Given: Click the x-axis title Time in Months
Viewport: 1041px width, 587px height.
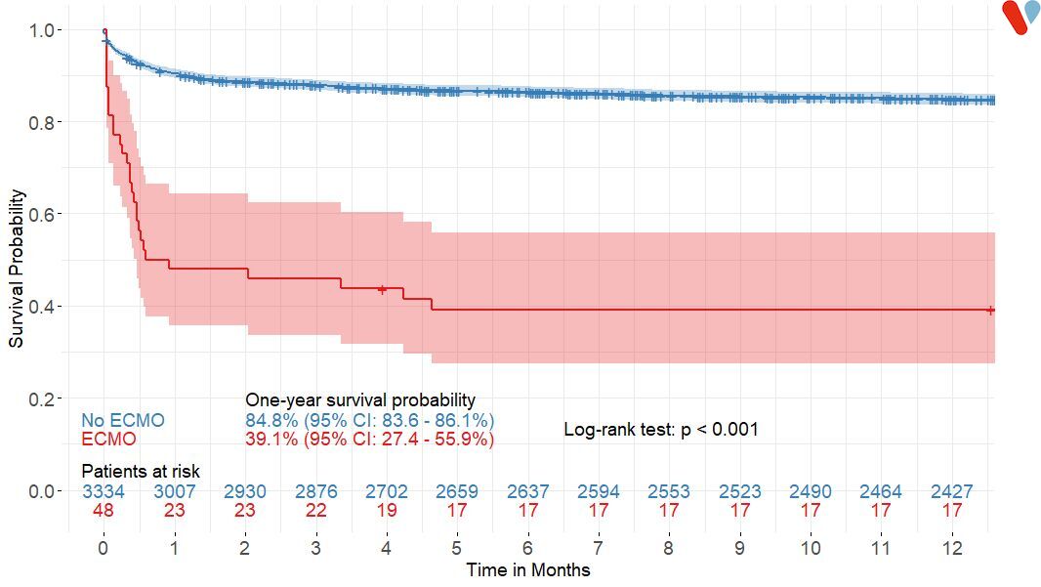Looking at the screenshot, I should pyautogui.click(x=527, y=569).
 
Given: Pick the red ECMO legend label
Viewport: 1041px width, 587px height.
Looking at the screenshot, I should pyautogui.click(x=108, y=440).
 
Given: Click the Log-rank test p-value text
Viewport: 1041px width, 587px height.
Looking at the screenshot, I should pyautogui.click(x=661, y=430).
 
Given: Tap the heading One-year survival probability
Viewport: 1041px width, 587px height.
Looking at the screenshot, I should pyautogui.click(x=360, y=400).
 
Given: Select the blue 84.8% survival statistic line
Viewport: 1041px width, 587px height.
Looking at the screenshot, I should pyautogui.click(x=369, y=420).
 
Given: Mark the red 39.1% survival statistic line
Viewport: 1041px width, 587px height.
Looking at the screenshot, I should pyautogui.click(x=369, y=440).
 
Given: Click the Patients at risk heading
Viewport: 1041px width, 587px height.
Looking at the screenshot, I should pyautogui.click(x=141, y=472).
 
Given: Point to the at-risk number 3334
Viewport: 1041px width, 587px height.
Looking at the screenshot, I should pyautogui.click(x=104, y=491).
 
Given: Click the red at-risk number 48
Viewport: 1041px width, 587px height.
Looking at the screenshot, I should pyautogui.click(x=104, y=510).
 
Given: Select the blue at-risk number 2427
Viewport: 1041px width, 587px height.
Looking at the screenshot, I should pyautogui.click(x=951, y=491).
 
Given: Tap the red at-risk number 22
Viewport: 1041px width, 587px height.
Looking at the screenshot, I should pyautogui.click(x=315, y=510).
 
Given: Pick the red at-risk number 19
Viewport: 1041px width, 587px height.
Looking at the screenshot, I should pyautogui.click(x=386, y=510).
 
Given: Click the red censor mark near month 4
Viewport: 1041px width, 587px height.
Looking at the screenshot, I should pyautogui.click(x=383, y=289).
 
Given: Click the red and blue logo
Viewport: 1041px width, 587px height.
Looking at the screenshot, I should pyautogui.click(x=1020, y=17).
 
